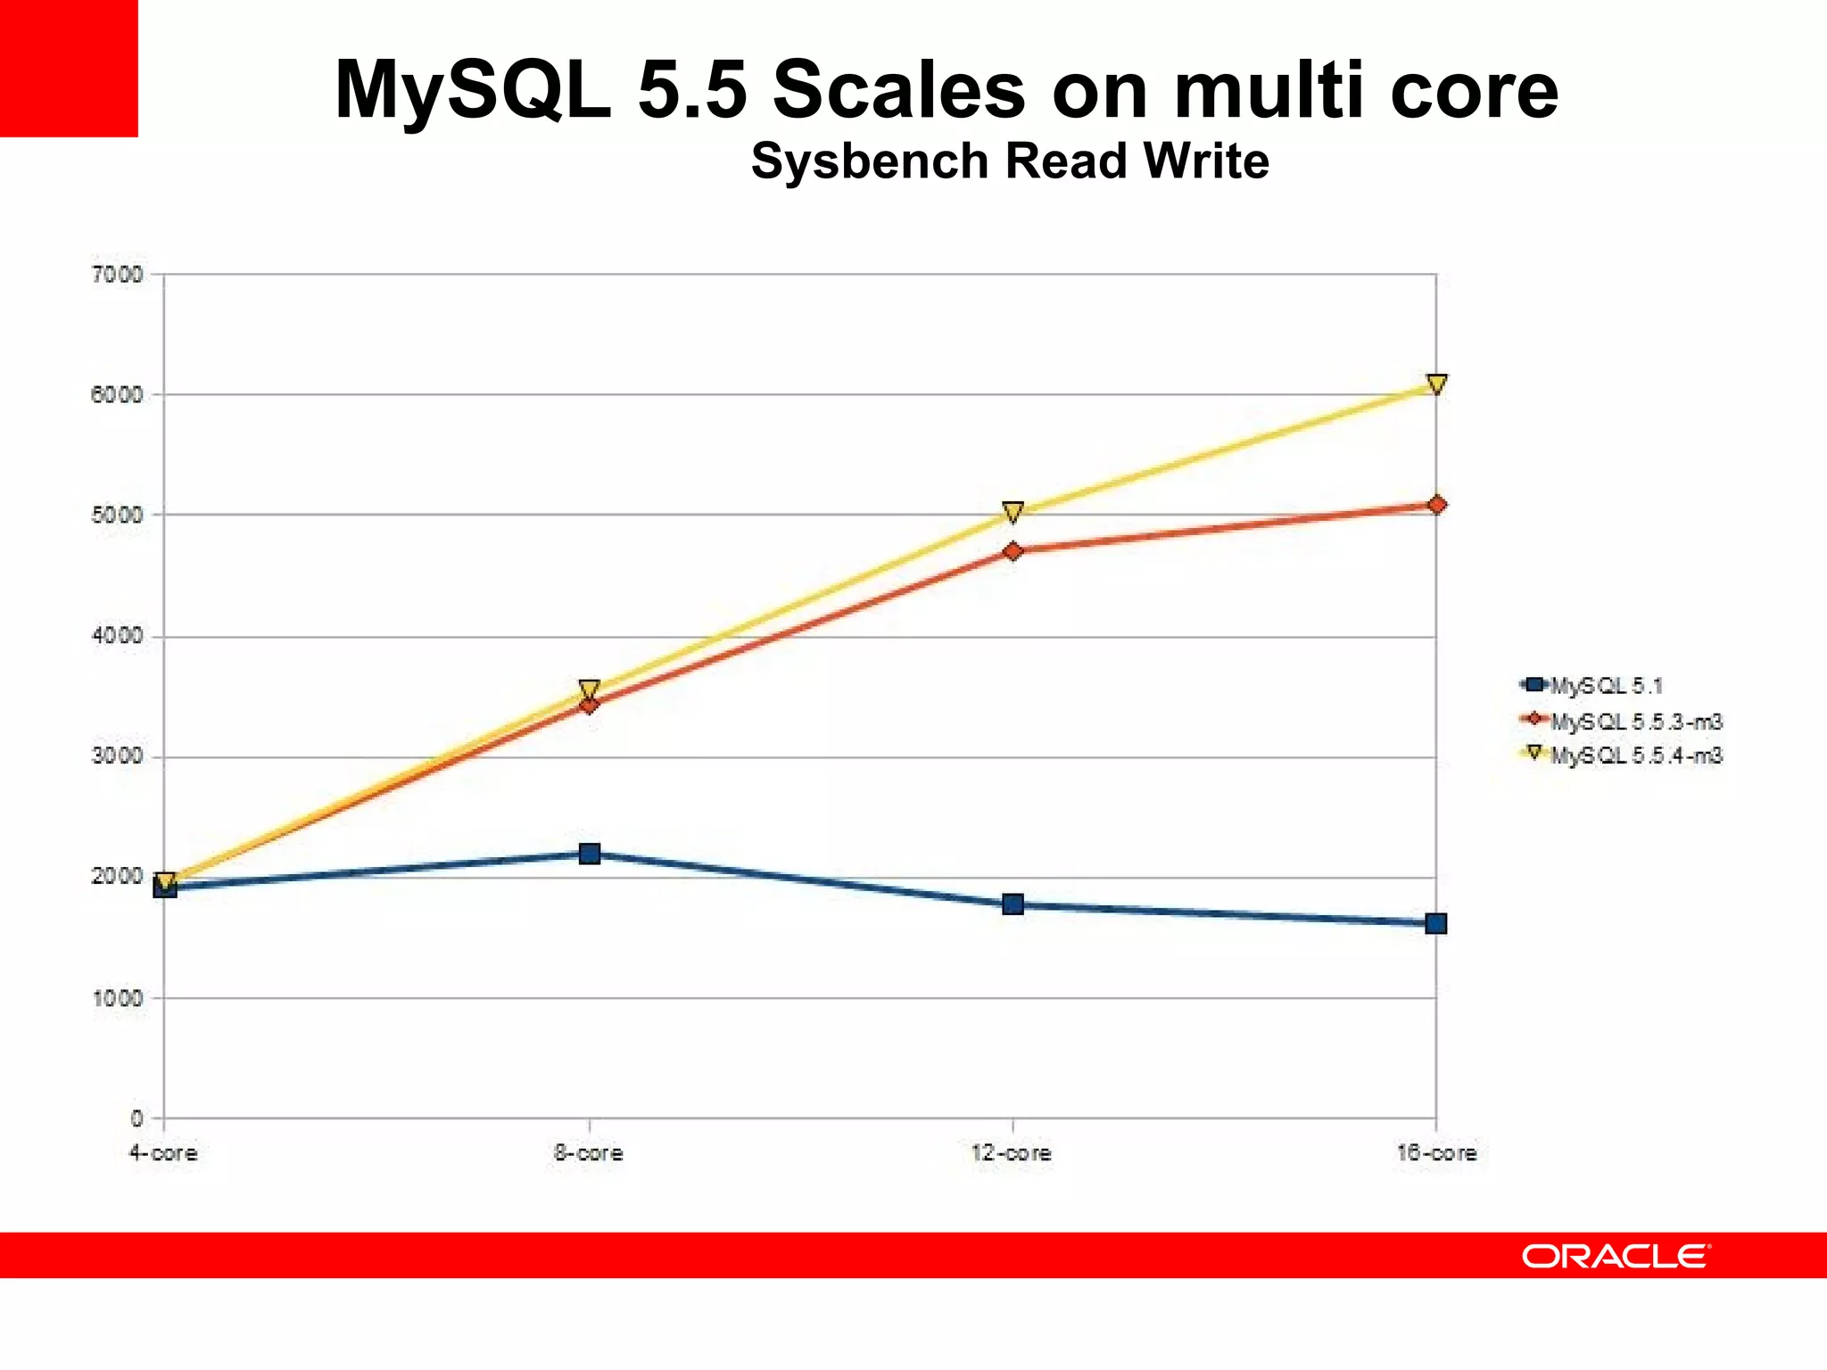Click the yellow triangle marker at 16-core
[1436, 384]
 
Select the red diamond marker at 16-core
[1436, 505]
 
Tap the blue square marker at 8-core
[589, 854]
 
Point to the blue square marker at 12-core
[1013, 904]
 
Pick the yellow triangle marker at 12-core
[1013, 511]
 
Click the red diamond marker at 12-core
[1013, 551]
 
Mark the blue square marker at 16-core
[1436, 923]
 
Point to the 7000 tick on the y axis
[117, 275]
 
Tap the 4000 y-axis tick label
[117, 637]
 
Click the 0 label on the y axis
[136, 1118]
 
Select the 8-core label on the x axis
[588, 1153]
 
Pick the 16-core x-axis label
[1436, 1153]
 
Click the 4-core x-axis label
[163, 1153]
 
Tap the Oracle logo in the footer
[1616, 1256]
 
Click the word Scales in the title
[898, 89]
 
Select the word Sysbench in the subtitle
[869, 161]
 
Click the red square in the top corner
[69, 68]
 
